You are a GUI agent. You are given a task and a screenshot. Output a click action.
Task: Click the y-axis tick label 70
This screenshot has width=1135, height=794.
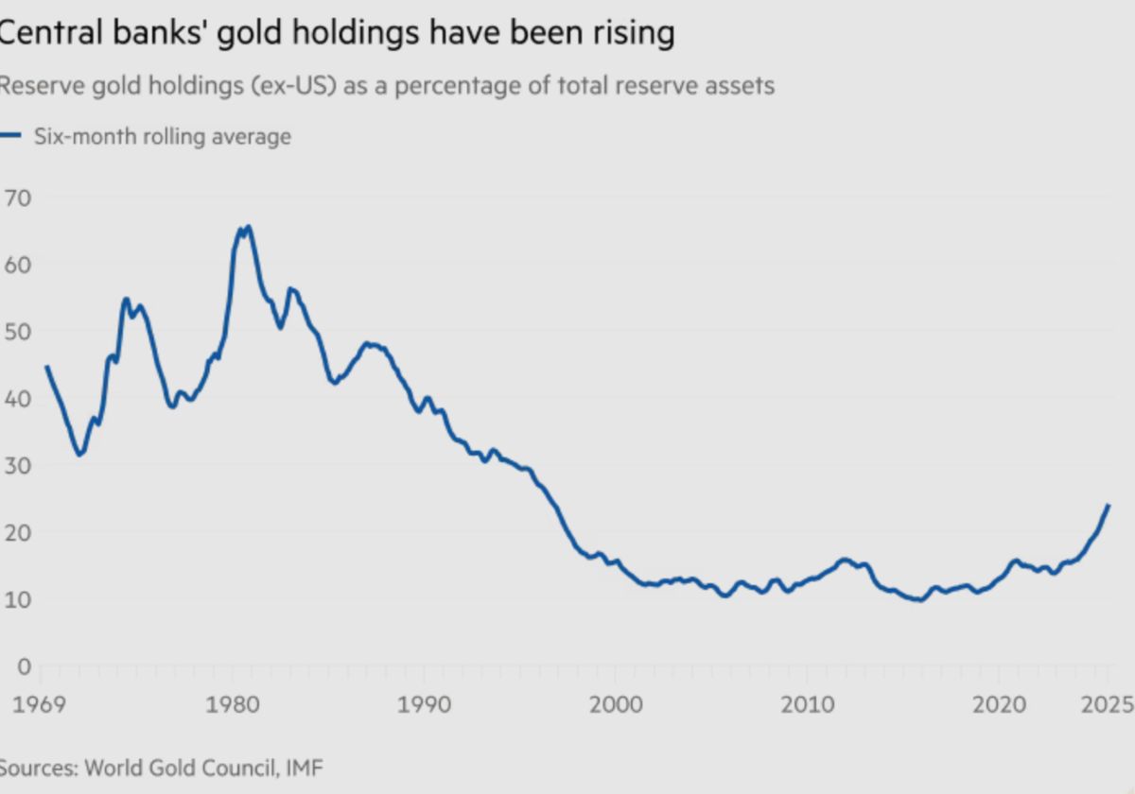click(x=19, y=198)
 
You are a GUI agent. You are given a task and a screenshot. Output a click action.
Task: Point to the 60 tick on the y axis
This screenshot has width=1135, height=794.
click(x=19, y=265)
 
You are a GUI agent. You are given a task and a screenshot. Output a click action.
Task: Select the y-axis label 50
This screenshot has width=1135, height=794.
click(x=19, y=332)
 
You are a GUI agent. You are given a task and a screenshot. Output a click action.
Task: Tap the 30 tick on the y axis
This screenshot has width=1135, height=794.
click(x=19, y=465)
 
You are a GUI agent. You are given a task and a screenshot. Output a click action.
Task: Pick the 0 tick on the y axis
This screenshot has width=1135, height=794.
click(x=23, y=665)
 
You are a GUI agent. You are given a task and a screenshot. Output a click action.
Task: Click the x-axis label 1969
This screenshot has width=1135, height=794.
click(x=38, y=705)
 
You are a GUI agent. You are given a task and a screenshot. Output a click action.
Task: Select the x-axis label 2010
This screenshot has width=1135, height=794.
click(x=808, y=705)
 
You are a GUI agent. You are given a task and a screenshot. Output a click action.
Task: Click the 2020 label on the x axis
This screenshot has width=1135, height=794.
click(x=1000, y=705)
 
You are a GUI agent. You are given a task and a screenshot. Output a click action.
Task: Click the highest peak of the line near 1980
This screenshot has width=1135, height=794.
click(x=248, y=227)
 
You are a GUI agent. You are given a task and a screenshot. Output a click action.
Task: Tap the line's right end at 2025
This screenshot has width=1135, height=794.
click(x=1108, y=506)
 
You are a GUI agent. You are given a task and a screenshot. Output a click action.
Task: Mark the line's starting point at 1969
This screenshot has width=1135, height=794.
click(x=46, y=367)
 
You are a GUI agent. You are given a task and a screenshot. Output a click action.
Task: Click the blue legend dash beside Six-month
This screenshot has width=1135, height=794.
click(x=10, y=136)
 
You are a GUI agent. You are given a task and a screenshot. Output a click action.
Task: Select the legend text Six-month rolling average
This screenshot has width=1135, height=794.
click(x=163, y=136)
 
